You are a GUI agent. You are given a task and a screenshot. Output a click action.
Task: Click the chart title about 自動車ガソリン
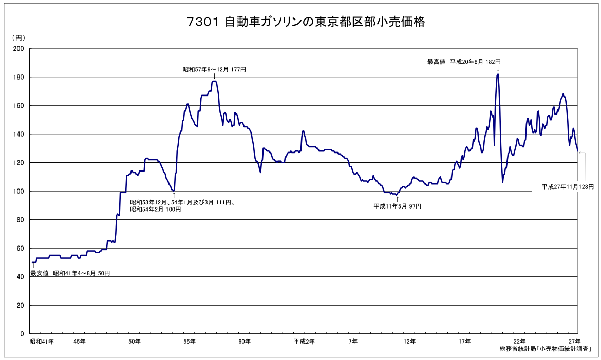click(x=306, y=22)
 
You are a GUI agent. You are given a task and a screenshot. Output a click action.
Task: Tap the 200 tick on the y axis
click(x=18, y=49)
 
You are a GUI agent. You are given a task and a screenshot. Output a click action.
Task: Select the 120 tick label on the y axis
click(x=18, y=163)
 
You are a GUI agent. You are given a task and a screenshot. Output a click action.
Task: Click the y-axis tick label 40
click(x=20, y=277)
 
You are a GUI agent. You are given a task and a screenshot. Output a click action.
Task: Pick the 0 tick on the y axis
click(x=22, y=334)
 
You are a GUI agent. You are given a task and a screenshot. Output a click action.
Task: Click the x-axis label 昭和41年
click(x=42, y=342)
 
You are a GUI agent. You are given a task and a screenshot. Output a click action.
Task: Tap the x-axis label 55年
click(x=189, y=342)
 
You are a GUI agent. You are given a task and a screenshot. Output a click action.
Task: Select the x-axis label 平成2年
click(x=304, y=342)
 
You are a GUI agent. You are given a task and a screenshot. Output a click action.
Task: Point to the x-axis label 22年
click(x=519, y=342)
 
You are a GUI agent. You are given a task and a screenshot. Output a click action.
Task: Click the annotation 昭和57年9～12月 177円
click(x=215, y=69)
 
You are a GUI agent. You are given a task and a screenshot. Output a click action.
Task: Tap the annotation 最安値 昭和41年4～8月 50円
click(x=70, y=273)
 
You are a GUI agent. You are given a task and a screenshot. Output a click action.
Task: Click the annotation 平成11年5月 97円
click(x=397, y=206)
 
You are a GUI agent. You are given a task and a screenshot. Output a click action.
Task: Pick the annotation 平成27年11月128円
click(x=568, y=187)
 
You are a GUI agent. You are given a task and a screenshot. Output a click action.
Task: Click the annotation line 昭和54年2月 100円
click(x=156, y=210)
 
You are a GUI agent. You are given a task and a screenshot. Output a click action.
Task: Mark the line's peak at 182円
click(x=498, y=74)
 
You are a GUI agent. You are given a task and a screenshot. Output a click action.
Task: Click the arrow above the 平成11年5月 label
click(x=397, y=199)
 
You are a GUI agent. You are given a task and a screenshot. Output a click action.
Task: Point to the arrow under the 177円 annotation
click(x=214, y=76)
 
